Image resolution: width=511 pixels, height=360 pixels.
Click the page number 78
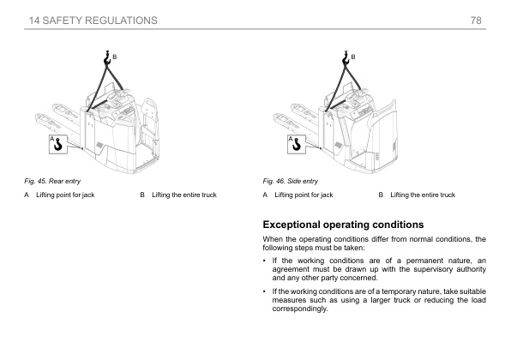[476, 21]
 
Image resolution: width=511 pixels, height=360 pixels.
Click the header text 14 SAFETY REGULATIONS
[93, 21]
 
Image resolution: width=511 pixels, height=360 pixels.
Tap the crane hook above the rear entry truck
[107, 58]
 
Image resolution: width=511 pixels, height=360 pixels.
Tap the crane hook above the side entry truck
[346, 58]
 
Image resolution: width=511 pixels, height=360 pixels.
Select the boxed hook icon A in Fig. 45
[58, 144]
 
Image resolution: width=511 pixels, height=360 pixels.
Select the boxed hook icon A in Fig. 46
[297, 144]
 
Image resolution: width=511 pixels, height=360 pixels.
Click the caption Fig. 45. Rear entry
[52, 181]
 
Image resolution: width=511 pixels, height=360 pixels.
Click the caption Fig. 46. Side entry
[291, 181]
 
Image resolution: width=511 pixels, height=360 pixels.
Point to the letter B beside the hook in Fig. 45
[115, 57]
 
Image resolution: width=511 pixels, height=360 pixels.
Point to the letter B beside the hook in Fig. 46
[353, 57]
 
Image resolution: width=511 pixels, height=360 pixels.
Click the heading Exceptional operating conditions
[343, 225]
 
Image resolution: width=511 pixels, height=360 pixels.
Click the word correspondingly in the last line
[300, 309]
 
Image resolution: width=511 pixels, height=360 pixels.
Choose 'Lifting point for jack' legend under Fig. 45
[65, 195]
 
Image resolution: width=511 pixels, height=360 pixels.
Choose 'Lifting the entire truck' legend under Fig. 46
[423, 195]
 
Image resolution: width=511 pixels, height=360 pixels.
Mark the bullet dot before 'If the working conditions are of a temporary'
[264, 291]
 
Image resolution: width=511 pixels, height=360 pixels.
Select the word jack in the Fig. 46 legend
[327, 195]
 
